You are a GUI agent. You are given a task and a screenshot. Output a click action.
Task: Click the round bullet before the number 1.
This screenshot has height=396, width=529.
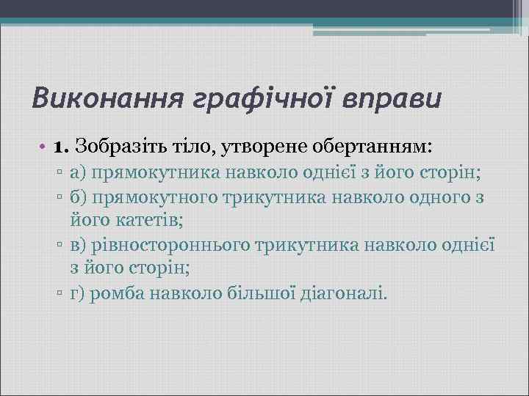46,147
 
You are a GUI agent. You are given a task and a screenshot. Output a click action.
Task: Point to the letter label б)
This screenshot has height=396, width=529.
79,199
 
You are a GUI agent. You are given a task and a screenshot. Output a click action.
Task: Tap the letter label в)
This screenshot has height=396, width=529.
79,246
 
